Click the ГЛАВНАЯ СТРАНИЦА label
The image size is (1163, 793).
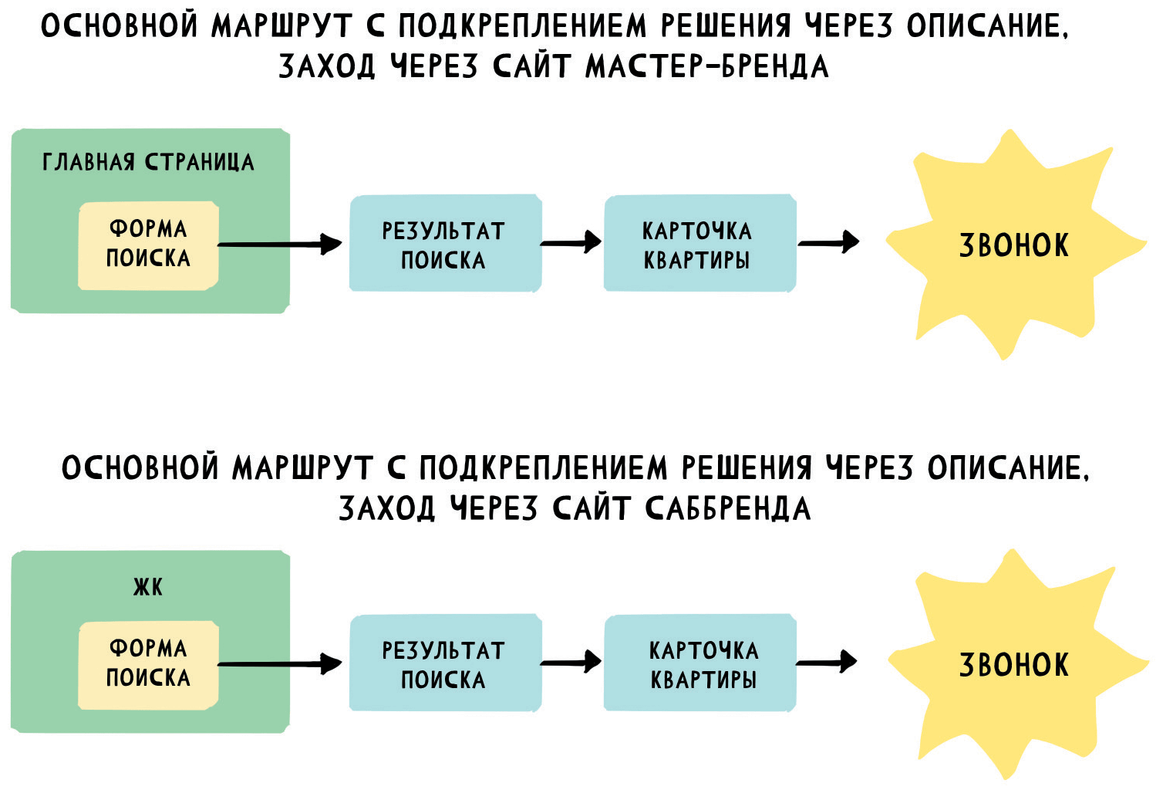[147, 162]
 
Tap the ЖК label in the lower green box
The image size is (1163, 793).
[147, 587]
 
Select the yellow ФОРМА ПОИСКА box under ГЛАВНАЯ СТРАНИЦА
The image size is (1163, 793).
[148, 245]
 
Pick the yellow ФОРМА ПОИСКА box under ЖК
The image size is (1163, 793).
[148, 664]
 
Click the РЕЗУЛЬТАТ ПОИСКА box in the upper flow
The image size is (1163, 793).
[444, 244]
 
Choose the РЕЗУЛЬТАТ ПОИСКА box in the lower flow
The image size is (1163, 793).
[444, 664]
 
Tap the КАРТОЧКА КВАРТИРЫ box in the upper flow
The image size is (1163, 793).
[699, 244]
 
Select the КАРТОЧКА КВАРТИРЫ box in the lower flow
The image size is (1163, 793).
[700, 664]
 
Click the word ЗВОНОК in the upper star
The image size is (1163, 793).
[1013, 245]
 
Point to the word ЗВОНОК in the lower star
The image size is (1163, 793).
[1013, 665]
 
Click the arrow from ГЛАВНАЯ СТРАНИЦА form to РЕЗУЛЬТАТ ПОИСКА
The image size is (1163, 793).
[281, 245]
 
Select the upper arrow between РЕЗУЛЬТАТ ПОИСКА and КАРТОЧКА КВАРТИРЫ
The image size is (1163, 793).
[571, 242]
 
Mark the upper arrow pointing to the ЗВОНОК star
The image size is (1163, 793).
[829, 242]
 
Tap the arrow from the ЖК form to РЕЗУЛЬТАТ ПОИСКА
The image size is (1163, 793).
[281, 663]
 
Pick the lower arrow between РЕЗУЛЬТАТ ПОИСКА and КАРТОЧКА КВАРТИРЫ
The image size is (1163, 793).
[571, 661]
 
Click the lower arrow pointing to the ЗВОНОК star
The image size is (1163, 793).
[827, 661]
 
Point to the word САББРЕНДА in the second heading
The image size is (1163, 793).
[727, 508]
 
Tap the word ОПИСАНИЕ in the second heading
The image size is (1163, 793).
[1007, 468]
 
